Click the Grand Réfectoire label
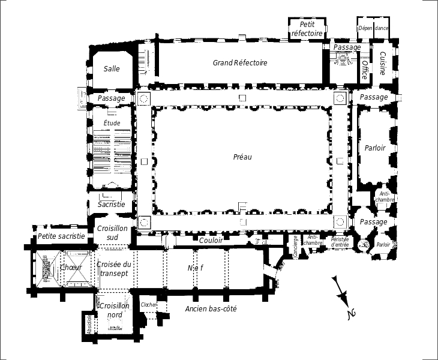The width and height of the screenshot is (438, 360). (x=240, y=62)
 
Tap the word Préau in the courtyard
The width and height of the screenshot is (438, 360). (x=242, y=157)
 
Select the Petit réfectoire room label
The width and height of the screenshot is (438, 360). (x=307, y=29)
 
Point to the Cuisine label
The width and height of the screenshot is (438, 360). (x=382, y=64)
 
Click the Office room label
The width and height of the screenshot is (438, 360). (x=365, y=70)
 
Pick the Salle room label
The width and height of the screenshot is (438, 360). (x=112, y=69)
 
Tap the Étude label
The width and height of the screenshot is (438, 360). (x=112, y=123)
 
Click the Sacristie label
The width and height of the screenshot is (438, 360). (x=111, y=204)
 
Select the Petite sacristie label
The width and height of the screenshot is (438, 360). (x=61, y=236)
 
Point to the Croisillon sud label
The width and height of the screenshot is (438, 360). (x=112, y=233)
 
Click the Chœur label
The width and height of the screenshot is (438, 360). (x=71, y=267)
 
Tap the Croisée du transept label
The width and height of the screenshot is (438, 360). (x=114, y=269)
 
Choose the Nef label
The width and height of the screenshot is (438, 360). (x=195, y=268)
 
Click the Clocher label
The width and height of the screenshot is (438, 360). (x=149, y=304)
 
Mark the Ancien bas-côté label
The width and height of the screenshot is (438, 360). (x=211, y=308)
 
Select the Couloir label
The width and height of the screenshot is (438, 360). (x=211, y=240)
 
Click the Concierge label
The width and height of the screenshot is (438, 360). (x=296, y=246)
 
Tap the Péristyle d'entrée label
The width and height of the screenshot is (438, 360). (x=340, y=242)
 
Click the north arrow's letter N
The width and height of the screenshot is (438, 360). (x=352, y=314)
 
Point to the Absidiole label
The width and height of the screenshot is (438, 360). (x=89, y=325)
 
